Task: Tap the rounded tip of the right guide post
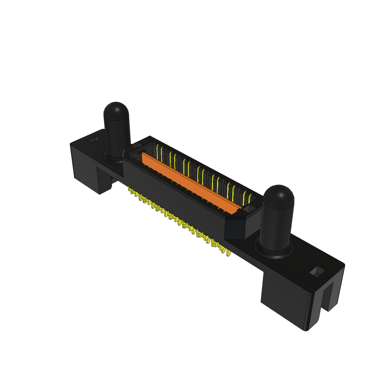[279, 194]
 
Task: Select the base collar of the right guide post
[274, 251]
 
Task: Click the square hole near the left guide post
[94, 140]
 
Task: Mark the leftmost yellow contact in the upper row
[158, 151]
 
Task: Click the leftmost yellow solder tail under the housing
[130, 190]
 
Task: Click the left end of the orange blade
[145, 156]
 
